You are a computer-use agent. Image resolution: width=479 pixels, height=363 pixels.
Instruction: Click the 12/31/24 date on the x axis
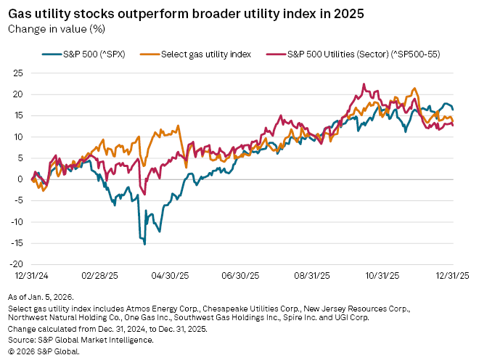[x=25, y=276]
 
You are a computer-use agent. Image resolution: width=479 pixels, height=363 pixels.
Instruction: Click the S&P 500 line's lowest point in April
[x=144, y=244]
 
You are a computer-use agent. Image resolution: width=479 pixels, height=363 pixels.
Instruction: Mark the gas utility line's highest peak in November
[x=414, y=89]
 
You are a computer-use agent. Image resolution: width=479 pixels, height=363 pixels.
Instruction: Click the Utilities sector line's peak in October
[x=363, y=84]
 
